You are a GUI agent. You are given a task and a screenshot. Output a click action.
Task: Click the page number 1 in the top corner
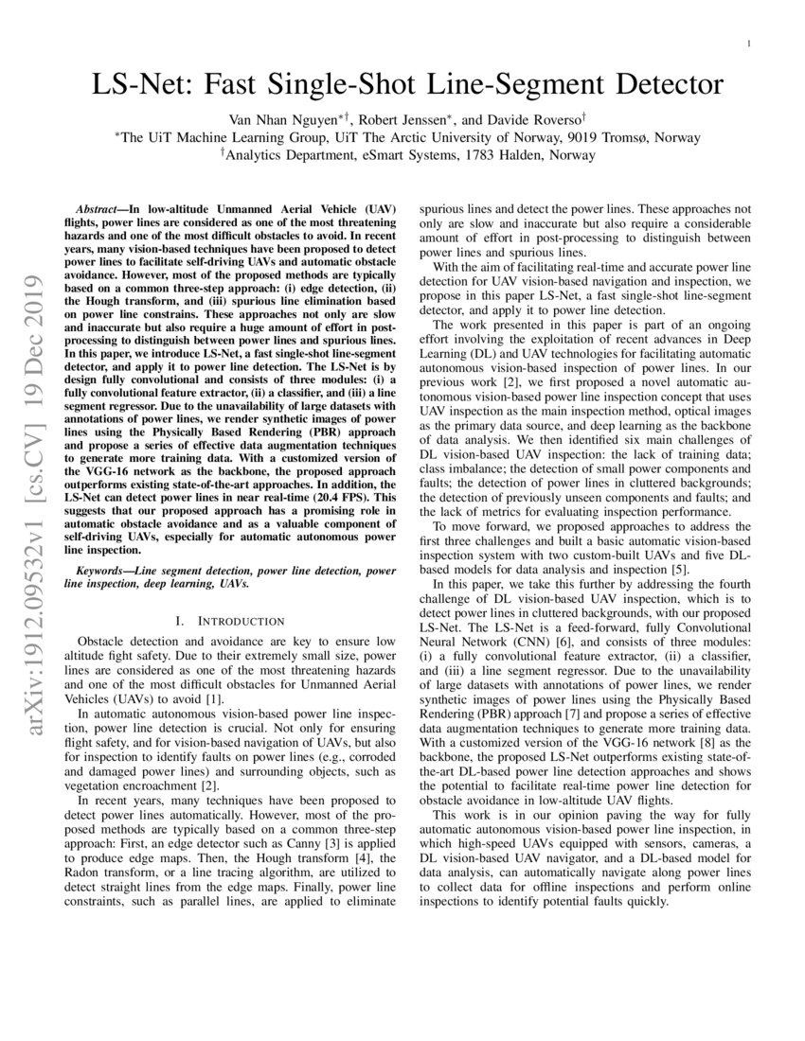point(749,44)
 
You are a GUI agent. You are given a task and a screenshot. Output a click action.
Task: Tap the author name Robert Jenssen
point(408,120)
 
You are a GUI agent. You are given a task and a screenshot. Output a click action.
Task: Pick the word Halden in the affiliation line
point(547,154)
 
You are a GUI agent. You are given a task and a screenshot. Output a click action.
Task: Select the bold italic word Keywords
point(103,571)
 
